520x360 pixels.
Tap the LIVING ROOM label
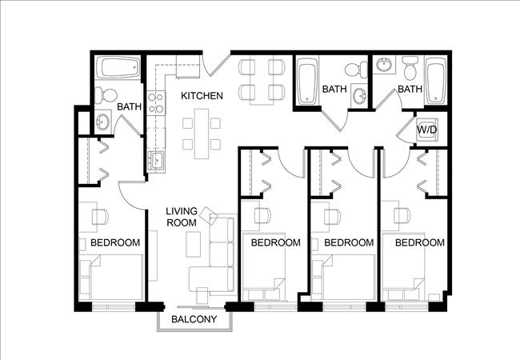coord(182,218)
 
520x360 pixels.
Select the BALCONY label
coord(194,320)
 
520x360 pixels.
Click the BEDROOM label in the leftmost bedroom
coord(115,242)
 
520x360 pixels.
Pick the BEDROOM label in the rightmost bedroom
coord(420,242)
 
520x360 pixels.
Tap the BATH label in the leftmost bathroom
coord(129,106)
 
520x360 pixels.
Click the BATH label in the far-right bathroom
coord(410,90)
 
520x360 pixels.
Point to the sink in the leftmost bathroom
coord(103,122)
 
